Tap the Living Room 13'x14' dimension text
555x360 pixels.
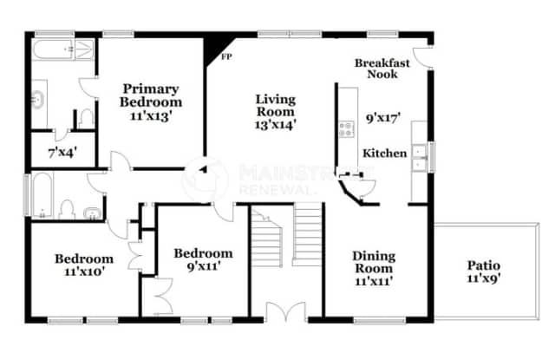point(275,125)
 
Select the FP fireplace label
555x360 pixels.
point(227,57)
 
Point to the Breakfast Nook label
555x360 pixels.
point(376,69)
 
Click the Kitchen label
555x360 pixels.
point(384,154)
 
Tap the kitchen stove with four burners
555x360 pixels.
point(347,130)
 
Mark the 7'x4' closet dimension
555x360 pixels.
point(62,154)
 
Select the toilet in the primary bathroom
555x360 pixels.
point(86,117)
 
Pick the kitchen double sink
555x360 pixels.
point(419,156)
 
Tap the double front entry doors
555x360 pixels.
point(286,314)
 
